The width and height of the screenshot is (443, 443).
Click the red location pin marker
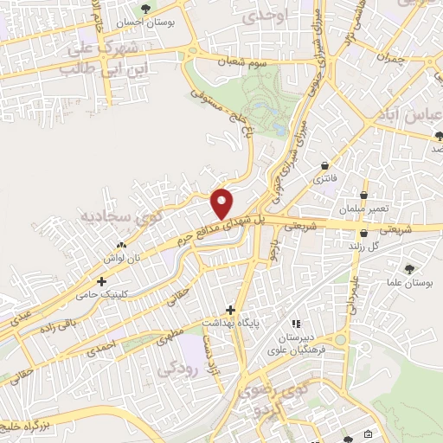click(223, 203)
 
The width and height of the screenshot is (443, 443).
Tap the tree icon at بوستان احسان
click(145, 10)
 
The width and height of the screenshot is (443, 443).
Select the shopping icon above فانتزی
click(324, 164)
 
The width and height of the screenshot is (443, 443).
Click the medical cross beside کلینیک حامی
click(103, 281)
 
